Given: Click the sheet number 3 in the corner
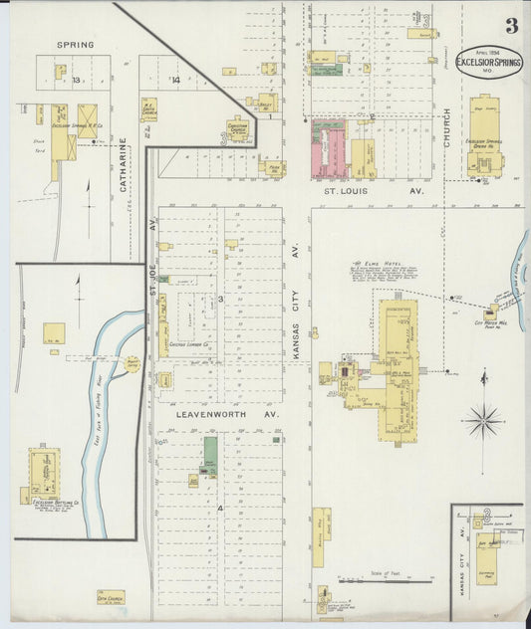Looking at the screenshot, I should [x=510, y=27].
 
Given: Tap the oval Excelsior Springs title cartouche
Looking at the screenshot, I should [x=489, y=62].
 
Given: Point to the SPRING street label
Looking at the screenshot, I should [x=75, y=45].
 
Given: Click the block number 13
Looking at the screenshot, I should [x=74, y=80].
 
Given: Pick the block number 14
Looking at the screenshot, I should [x=175, y=80].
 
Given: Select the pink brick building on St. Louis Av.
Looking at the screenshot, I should [x=328, y=149].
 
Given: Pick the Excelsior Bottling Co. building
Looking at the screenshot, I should [x=44, y=470].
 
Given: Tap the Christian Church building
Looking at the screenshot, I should [x=235, y=129].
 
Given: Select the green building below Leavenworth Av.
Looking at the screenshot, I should [x=210, y=452].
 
